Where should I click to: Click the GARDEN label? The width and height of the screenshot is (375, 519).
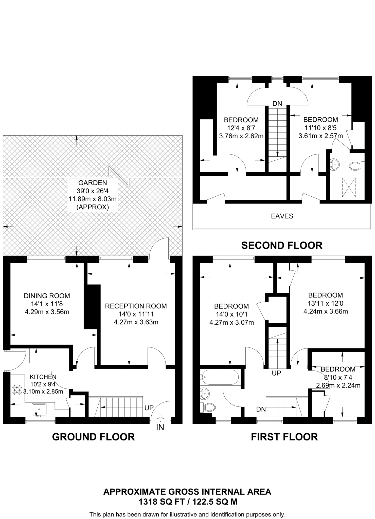point(93,183)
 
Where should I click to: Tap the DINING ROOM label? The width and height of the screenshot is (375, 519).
point(47,296)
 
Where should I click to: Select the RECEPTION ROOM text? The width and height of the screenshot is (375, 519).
point(136,306)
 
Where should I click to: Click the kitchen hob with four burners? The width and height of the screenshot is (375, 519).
point(17,390)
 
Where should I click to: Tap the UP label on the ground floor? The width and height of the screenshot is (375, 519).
point(149,408)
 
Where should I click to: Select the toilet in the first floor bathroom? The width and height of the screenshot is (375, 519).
point(208,407)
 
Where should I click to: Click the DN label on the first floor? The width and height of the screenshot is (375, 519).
point(261,409)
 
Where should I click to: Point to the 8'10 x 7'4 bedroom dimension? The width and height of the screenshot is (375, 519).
point(338,377)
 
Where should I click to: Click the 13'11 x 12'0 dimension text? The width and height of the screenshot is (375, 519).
point(326,303)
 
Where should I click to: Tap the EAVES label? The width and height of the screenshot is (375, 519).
point(282,216)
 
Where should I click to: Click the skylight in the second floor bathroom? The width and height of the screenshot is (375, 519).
point(349,187)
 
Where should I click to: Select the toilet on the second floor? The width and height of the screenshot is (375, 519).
point(356,166)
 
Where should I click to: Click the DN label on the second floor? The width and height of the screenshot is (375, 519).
point(277,103)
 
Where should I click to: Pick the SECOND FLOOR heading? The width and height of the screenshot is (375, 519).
point(282,245)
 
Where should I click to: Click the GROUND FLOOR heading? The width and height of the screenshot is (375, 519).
point(93,437)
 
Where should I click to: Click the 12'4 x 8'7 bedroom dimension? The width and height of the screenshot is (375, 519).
point(241,128)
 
